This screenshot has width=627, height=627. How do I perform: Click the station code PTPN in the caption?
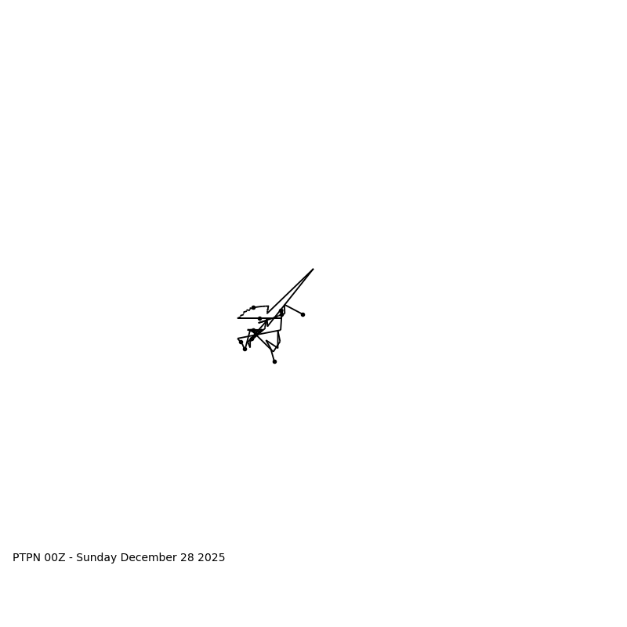pos(27,558)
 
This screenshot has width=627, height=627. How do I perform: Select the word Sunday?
pos(99,558)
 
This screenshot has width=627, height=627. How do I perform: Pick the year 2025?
pos(212,558)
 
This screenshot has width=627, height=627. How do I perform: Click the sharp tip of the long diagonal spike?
pos(313,270)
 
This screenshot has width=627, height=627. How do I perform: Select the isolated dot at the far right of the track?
pos(303,314)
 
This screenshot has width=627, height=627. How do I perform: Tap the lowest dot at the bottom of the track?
pos(274,361)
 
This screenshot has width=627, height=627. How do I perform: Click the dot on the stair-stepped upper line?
pos(253,307)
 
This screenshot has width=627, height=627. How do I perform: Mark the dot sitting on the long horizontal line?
pos(259,318)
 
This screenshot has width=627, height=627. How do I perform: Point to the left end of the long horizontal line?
pos(238,318)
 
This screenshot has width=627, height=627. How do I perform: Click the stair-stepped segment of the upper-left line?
pos(245,312)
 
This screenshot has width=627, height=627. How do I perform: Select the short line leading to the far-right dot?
pos(294,310)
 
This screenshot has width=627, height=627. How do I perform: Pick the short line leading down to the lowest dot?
pos(273,356)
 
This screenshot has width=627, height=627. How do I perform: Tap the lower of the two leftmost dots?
pos(245,349)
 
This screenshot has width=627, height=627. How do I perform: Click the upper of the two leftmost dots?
pos(241,342)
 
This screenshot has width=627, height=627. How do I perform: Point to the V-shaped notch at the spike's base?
pos(267,313)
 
